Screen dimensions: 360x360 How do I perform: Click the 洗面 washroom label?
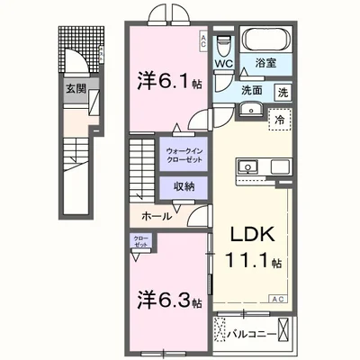click(x=251, y=91)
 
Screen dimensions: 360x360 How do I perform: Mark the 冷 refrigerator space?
click(x=281, y=120)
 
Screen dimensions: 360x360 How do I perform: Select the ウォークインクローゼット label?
click(x=183, y=154)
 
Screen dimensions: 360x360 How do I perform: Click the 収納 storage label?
click(x=183, y=186)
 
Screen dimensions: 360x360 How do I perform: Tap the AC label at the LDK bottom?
click(x=277, y=298)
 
